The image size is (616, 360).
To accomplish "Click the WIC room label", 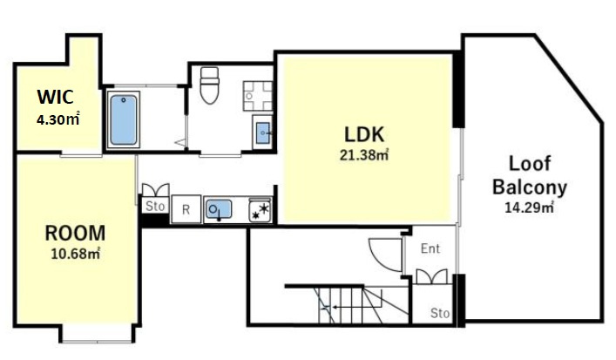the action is click(x=55, y=97).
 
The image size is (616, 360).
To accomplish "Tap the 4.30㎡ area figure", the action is click(x=58, y=119).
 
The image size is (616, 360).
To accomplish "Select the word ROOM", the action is click(x=75, y=233).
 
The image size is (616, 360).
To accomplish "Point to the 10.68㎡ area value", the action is click(x=76, y=254).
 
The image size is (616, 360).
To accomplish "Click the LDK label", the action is click(x=364, y=134).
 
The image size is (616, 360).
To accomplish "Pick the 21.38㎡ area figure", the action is click(x=364, y=155).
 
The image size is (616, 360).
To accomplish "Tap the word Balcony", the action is click(x=530, y=188).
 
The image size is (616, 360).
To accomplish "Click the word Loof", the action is click(x=530, y=164).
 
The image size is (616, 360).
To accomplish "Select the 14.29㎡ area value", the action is click(x=529, y=207).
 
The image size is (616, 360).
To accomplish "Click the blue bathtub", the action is click(x=124, y=119).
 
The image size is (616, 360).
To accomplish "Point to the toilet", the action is click(x=209, y=85).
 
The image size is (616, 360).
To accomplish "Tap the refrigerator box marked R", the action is click(x=186, y=209).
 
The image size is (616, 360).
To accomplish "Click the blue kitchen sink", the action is click(x=219, y=209).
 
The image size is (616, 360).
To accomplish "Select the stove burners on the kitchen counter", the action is click(x=261, y=210).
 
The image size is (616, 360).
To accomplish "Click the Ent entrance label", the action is click(x=430, y=248).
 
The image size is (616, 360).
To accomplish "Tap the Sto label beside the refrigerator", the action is click(x=155, y=206).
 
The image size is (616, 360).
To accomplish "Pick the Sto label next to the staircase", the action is click(x=440, y=313).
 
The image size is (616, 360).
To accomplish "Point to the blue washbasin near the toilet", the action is click(x=263, y=132).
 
